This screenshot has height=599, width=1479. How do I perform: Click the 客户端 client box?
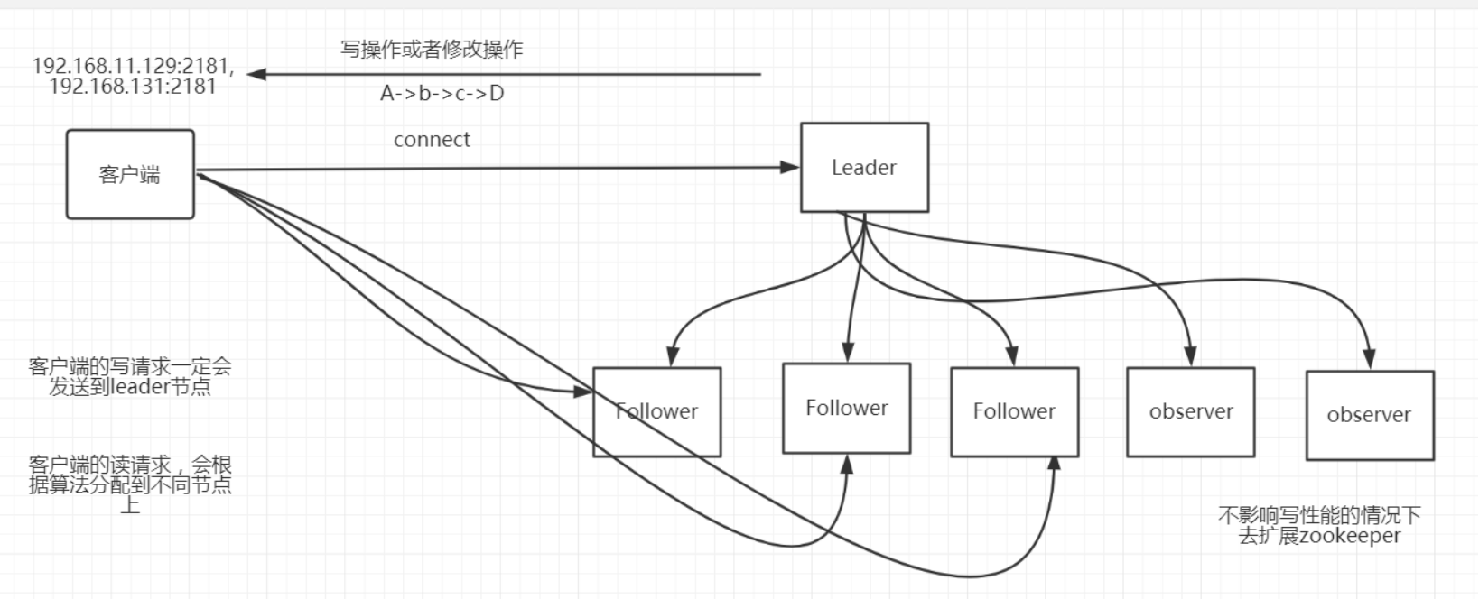130,174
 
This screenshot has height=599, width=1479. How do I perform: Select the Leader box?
864,168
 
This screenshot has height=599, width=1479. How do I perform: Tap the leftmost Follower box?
656,411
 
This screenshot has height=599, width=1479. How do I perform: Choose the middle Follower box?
846,408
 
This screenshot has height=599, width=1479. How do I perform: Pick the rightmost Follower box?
1014,411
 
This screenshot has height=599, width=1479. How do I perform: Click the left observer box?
1190,411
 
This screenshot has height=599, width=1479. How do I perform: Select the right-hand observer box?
1369,415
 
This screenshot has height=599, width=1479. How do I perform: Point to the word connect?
432,140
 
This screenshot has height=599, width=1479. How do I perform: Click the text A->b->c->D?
442,93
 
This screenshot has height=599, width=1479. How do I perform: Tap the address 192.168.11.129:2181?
133,66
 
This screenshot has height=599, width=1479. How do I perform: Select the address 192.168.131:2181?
133,87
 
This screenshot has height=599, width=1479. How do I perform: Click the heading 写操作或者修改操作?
432,49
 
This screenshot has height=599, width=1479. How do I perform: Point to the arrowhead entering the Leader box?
791,167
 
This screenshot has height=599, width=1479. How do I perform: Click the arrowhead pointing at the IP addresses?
256,74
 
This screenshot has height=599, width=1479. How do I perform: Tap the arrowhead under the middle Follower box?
847,464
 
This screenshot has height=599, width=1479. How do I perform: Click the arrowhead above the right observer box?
1370,359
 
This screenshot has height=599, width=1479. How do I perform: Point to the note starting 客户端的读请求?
130,484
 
